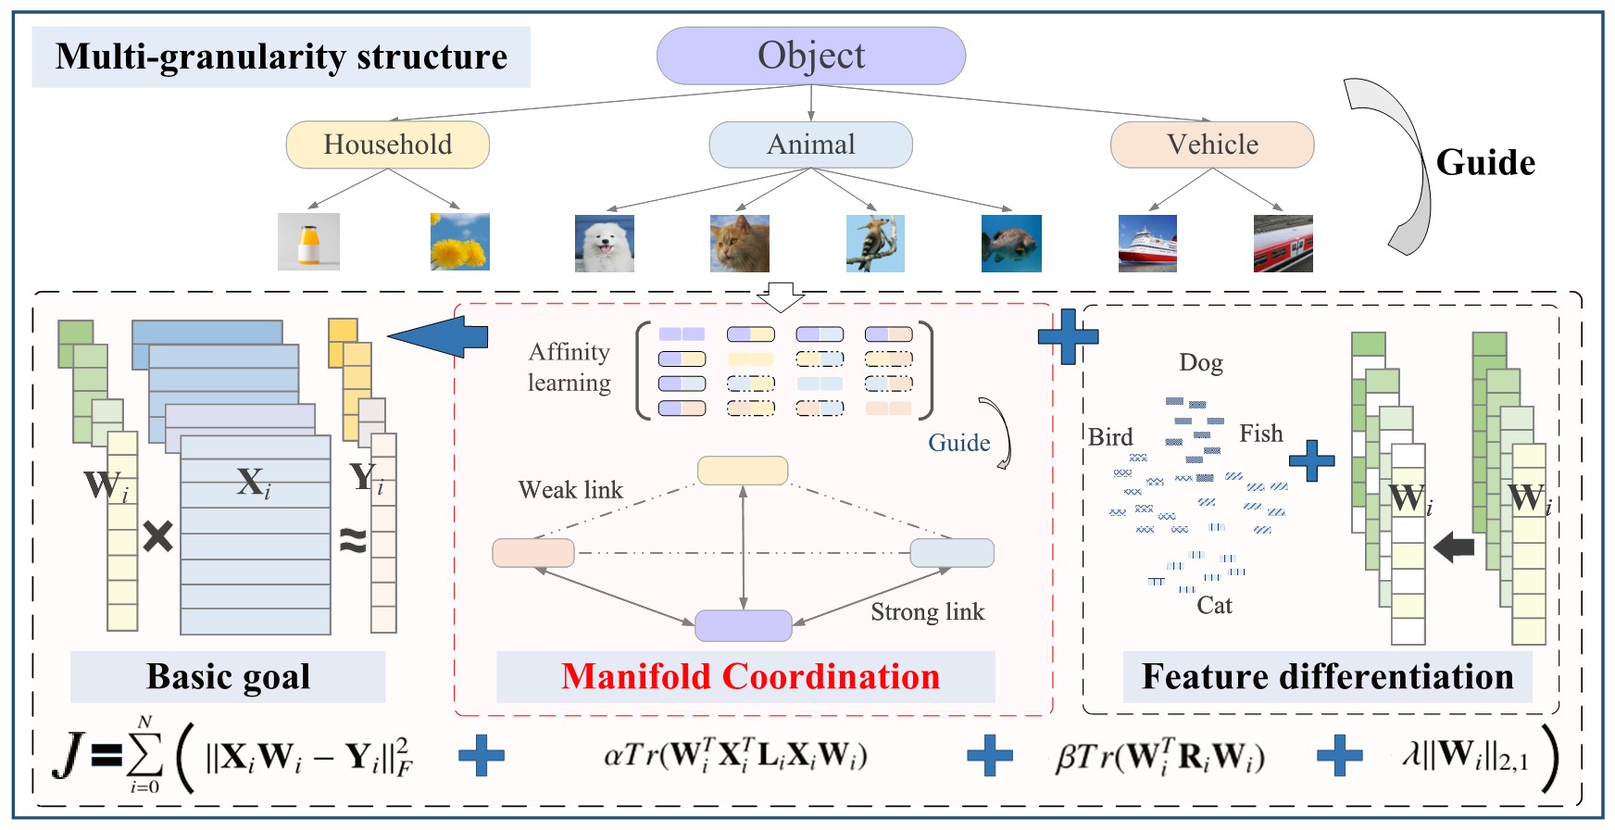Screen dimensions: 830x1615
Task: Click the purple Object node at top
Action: click(x=811, y=56)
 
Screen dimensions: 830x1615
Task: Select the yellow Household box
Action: click(x=387, y=145)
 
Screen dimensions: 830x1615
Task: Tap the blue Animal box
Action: click(x=810, y=145)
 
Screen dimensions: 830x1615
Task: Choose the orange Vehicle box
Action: click(x=1211, y=145)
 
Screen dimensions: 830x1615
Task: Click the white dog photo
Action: click(x=604, y=243)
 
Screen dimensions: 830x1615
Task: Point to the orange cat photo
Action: click(x=739, y=243)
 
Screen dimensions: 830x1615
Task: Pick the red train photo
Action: click(x=1283, y=243)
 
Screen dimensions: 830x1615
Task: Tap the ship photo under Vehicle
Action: click(x=1147, y=243)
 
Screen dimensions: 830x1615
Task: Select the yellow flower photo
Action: click(x=459, y=242)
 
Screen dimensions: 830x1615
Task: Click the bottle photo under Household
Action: click(x=308, y=242)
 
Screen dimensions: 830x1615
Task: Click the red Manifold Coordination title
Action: click(x=750, y=676)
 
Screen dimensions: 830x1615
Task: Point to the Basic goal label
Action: click(x=228, y=676)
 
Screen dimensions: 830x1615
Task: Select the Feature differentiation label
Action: click(x=1327, y=676)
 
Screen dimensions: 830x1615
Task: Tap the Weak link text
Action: click(x=570, y=489)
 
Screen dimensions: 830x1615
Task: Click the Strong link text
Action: click(x=927, y=611)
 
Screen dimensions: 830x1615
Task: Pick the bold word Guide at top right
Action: click(x=1485, y=162)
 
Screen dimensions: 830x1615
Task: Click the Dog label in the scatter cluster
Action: click(x=1200, y=362)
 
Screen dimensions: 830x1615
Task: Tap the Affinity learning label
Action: click(x=569, y=367)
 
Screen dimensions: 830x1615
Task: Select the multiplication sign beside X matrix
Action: click(x=157, y=536)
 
